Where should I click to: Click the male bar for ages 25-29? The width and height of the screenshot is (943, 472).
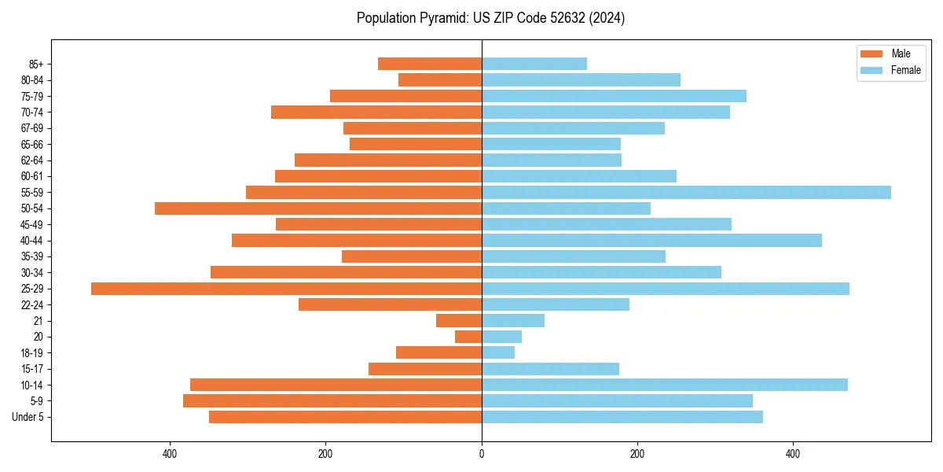point(286,289)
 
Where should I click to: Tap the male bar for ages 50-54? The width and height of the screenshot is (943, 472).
point(318,208)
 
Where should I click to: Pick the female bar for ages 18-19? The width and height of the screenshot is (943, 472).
point(498,352)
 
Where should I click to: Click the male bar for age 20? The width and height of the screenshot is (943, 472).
point(468,337)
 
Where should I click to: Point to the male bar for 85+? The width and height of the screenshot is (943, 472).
point(430,64)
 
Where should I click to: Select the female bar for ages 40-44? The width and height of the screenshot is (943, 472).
point(651,241)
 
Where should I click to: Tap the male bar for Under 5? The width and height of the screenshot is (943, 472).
point(345,417)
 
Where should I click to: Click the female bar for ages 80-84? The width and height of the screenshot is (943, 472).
point(581,79)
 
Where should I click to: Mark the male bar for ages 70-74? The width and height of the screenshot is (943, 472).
point(376,112)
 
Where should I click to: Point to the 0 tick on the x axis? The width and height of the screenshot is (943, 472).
point(482,454)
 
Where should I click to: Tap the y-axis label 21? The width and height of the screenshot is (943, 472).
point(38,321)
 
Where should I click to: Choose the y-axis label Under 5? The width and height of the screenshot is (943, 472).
point(28,417)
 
